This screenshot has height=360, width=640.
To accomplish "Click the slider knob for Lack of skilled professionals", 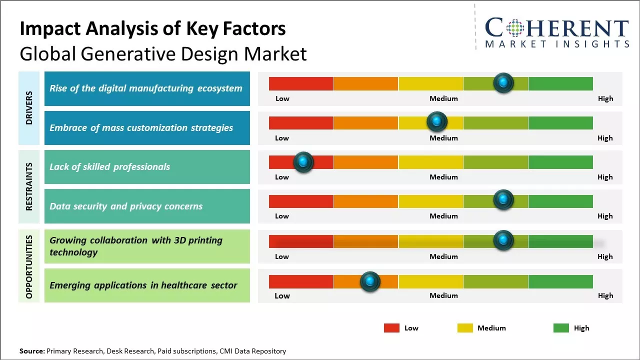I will [x=303, y=162].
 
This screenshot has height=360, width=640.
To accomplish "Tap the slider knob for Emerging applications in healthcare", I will [x=370, y=281].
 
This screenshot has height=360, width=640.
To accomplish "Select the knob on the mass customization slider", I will [x=437, y=121].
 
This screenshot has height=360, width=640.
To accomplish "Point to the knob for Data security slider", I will [x=503, y=200].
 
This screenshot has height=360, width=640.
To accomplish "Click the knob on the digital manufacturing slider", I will [x=503, y=82].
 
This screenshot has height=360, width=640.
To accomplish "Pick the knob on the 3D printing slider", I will [x=503, y=240].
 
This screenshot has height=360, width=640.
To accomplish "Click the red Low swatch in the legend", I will [x=391, y=328].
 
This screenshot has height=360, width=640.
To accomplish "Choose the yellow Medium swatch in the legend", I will [x=465, y=328].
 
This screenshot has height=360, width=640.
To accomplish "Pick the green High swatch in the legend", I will [x=561, y=328].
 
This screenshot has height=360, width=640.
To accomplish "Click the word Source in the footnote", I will [x=31, y=351].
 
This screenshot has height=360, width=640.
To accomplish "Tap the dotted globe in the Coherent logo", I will [x=515, y=28].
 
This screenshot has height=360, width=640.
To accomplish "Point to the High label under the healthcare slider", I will [x=605, y=295].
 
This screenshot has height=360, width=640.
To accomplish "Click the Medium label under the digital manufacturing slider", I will [x=443, y=98].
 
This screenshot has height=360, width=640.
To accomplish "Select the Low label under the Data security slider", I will [x=282, y=216].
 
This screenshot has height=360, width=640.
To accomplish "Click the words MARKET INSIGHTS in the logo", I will [x=557, y=44].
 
